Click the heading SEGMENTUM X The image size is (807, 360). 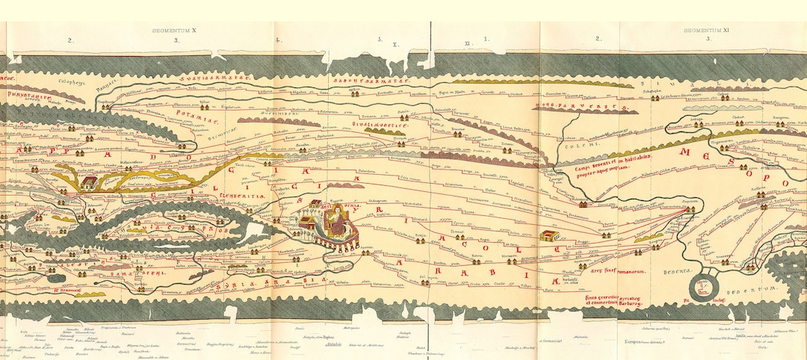pos(173,31)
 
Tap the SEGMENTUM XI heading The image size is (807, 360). pos(705,31)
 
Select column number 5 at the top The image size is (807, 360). pos(380,39)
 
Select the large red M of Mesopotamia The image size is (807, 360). pos(685,153)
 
